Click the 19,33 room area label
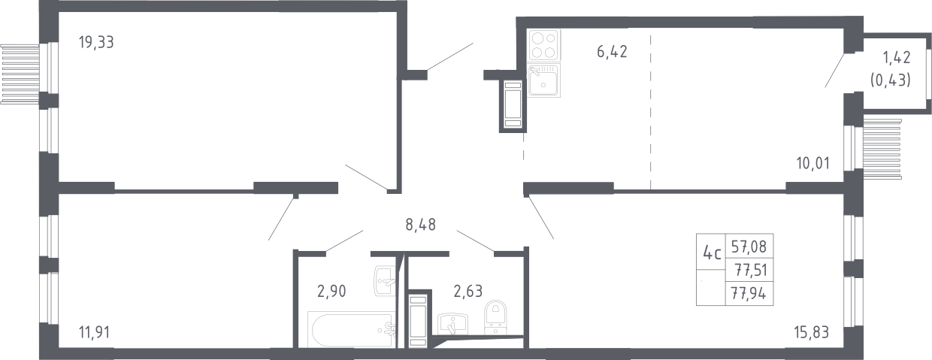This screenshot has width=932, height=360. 96,42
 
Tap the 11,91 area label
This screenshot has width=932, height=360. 94,332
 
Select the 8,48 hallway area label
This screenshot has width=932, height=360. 421,225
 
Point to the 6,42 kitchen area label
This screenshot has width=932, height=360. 612,52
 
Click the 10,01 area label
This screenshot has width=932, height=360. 813,163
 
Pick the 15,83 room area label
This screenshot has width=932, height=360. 811,332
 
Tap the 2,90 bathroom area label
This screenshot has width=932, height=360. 331,292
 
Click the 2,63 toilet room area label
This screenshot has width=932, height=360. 468,292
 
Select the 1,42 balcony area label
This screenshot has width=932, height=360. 897,57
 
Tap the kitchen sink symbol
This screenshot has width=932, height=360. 544,80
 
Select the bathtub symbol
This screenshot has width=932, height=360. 351,330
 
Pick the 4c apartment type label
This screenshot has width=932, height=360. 712,253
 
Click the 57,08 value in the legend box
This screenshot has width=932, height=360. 749,247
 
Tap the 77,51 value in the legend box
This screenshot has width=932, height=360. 751,270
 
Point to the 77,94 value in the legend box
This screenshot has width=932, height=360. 749,294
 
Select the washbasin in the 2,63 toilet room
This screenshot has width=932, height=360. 452,324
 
